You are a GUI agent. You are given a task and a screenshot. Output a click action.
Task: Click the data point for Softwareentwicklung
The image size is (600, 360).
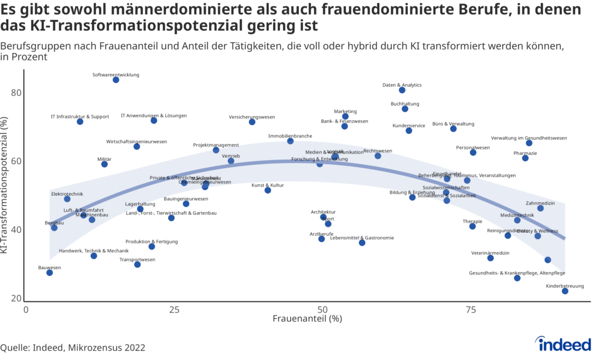116,80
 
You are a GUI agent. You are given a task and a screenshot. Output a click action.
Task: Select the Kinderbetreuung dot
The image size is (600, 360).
565,291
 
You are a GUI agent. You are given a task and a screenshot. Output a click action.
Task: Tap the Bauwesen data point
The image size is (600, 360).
49,273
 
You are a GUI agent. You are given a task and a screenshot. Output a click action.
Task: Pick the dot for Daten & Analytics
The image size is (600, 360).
402,90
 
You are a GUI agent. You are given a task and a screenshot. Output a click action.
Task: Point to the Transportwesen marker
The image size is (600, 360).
137,264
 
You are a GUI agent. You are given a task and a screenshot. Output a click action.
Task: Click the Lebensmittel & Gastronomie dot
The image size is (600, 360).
362,242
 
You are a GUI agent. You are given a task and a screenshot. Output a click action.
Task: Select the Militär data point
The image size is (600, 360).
104,164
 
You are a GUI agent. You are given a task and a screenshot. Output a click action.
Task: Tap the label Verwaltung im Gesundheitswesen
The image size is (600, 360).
529,138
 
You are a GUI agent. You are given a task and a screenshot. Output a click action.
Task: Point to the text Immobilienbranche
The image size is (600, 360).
290,136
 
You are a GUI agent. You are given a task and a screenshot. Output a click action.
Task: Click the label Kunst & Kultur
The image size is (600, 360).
268,185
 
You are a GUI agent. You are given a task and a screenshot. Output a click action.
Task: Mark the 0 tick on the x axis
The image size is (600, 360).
26,309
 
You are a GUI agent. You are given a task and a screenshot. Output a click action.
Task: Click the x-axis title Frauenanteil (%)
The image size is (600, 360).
307,320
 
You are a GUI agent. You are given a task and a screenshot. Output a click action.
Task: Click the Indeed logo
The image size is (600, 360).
564,345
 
